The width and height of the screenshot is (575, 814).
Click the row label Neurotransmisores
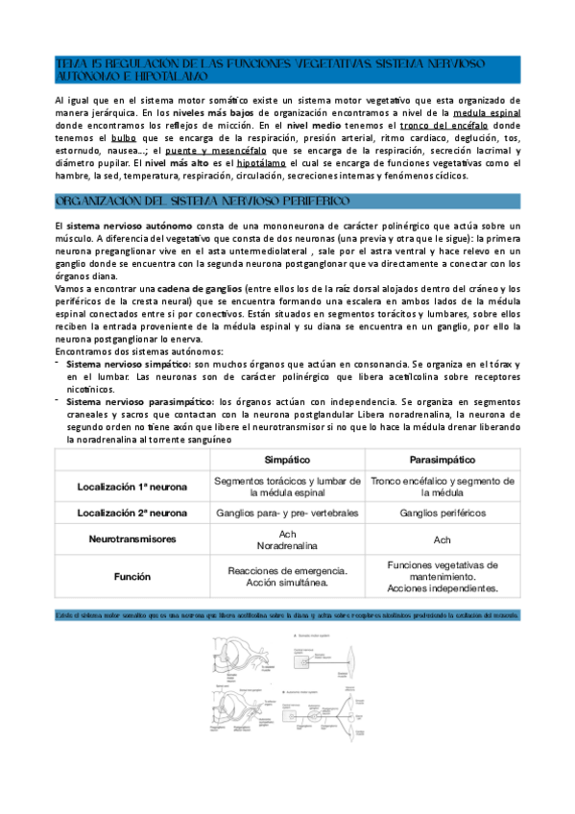pyautogui.click(x=132, y=539)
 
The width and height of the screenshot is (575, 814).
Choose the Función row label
pyautogui.click(x=132, y=578)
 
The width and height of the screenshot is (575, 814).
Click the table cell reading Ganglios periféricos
pyautogui.click(x=442, y=513)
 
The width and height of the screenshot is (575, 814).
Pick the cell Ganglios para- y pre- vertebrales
pyautogui.click(x=287, y=513)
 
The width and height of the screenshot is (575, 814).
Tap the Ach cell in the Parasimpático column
pyautogui.click(x=442, y=540)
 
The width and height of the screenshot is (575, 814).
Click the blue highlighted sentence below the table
pyautogui.click(x=286, y=614)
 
